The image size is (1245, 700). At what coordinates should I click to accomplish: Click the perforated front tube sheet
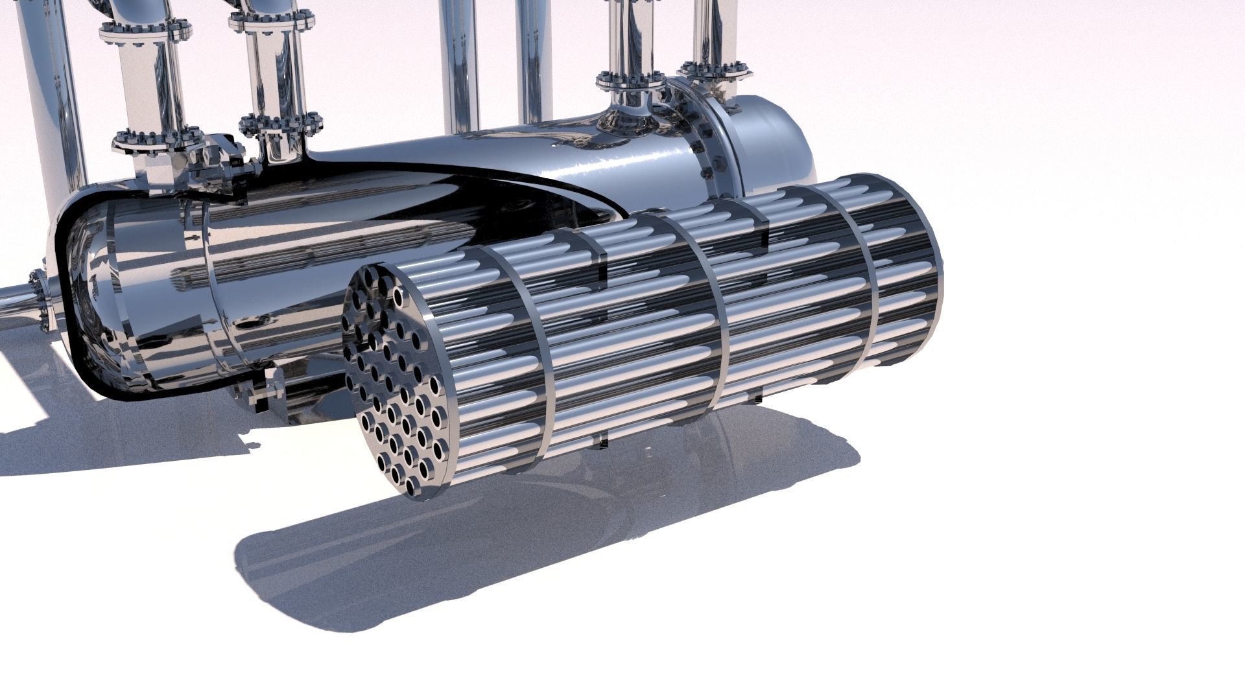point(396,382)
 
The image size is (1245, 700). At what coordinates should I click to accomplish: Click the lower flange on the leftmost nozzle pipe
point(153,139)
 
